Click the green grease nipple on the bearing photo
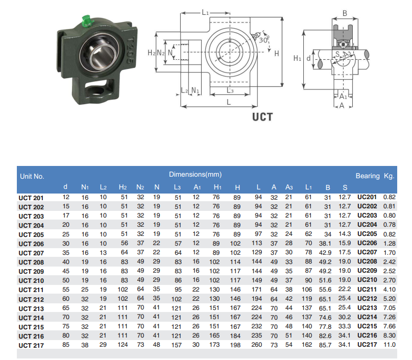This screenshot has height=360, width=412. pyautogui.click(x=87, y=21)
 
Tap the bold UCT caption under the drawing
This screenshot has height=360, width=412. pyautogui.click(x=262, y=117)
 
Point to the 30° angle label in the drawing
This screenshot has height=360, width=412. pyautogui.click(x=263, y=40)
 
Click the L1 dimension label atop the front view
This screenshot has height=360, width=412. pyautogui.click(x=205, y=12)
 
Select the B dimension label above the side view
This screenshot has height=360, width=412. pyautogui.click(x=345, y=13)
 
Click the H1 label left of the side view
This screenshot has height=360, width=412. pyautogui.click(x=297, y=58)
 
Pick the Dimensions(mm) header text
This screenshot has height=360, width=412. pyautogui.click(x=195, y=174)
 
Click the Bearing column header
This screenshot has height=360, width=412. pyautogui.click(x=368, y=176)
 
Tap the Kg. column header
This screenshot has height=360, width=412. pyautogui.click(x=389, y=176)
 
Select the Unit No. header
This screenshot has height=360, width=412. pyautogui.click(x=32, y=176)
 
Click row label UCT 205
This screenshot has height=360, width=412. pyautogui.click(x=31, y=235)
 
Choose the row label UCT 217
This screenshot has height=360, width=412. pyautogui.click(x=31, y=345)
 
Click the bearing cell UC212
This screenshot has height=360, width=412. pyautogui.click(x=367, y=299)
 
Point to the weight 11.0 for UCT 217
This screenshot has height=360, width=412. pyautogui.click(x=390, y=345)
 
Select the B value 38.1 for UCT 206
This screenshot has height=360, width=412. pyautogui.click(x=325, y=244)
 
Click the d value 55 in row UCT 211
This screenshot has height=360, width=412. pyautogui.click(x=66, y=290)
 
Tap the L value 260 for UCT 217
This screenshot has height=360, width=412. pyautogui.click(x=256, y=345)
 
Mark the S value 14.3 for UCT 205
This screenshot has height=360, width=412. pyautogui.click(x=345, y=234)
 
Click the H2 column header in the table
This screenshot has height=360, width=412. pyautogui.click(x=123, y=187)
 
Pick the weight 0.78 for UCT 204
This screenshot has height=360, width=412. pyautogui.click(x=390, y=225)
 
